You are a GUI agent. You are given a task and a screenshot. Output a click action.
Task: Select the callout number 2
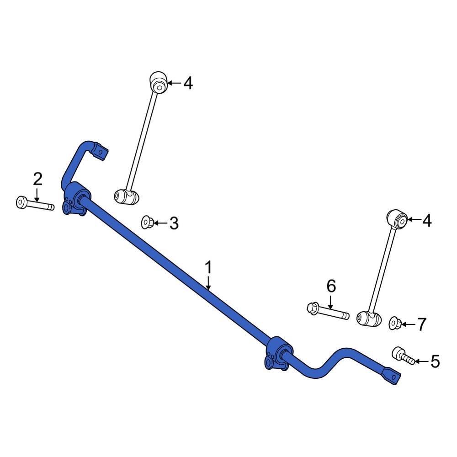point(37,179)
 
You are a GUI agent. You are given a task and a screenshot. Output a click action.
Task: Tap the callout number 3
point(174,223)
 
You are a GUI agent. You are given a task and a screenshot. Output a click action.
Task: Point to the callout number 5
point(435,362)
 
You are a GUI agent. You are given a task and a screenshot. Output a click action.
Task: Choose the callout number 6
point(331,287)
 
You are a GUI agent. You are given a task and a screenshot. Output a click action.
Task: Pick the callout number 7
point(422,324)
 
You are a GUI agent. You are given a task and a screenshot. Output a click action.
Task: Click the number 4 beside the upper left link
point(188,83)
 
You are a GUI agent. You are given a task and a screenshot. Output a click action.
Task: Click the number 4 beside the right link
point(426,221)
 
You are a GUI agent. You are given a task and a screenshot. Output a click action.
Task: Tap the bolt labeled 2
point(34,204)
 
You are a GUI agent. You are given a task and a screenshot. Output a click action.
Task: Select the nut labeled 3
point(147,223)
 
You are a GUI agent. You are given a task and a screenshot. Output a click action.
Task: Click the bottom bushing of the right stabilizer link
point(369,319)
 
